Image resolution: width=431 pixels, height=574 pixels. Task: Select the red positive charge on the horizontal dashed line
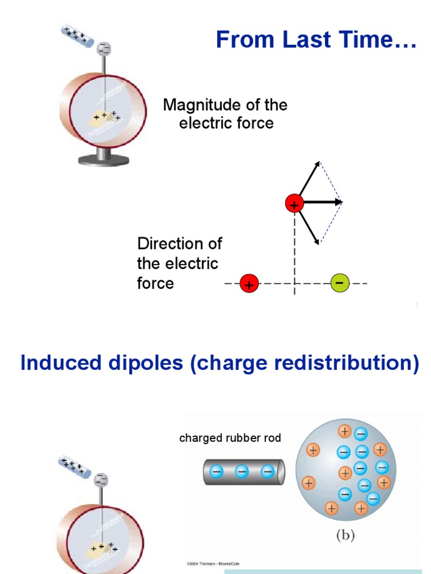click(249, 284)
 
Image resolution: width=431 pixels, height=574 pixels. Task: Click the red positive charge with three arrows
click(294, 203)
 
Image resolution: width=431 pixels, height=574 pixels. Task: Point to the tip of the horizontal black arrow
click(341, 202)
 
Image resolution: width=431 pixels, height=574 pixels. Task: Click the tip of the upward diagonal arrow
click(320, 162)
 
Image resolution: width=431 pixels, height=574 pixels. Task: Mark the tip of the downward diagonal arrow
click(319, 244)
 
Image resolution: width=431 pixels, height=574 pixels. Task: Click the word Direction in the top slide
click(172, 244)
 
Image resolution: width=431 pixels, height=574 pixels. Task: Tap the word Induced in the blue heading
click(53, 363)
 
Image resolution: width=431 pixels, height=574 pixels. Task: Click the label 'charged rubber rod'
click(230, 438)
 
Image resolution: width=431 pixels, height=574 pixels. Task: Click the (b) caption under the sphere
click(345, 535)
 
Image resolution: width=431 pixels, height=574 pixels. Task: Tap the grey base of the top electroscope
click(104, 160)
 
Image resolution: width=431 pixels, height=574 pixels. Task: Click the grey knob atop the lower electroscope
click(101, 480)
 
